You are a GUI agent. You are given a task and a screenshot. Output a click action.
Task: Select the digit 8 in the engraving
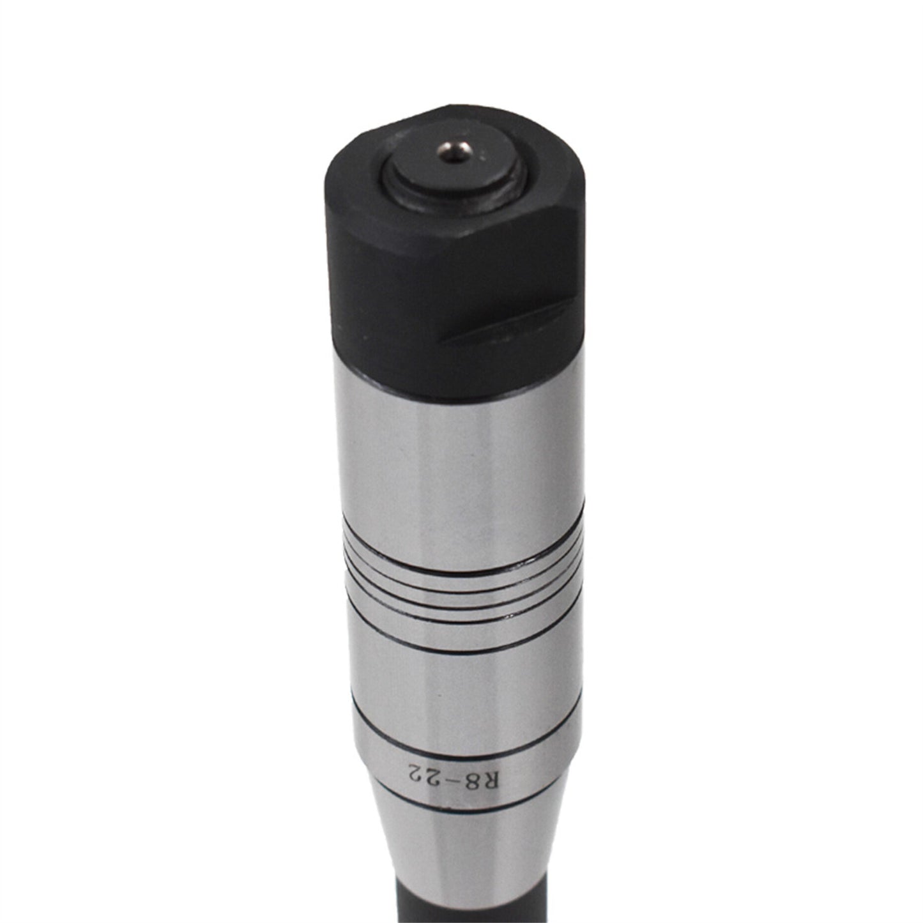(474, 761)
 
